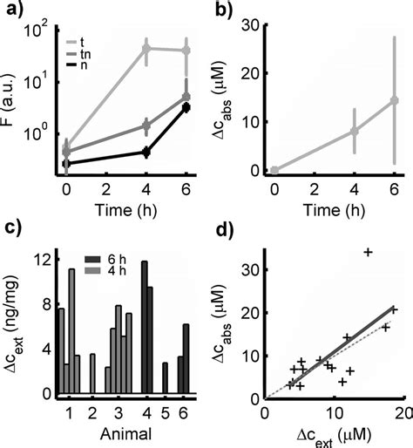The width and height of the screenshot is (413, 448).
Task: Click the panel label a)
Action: pyautogui.click(x=15, y=11)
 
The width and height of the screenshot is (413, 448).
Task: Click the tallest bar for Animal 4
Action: pyautogui.click(x=144, y=327)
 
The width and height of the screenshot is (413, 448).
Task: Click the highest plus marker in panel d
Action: pyautogui.click(x=368, y=252)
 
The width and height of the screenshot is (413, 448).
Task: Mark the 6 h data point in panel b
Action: pyautogui.click(x=394, y=100)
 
